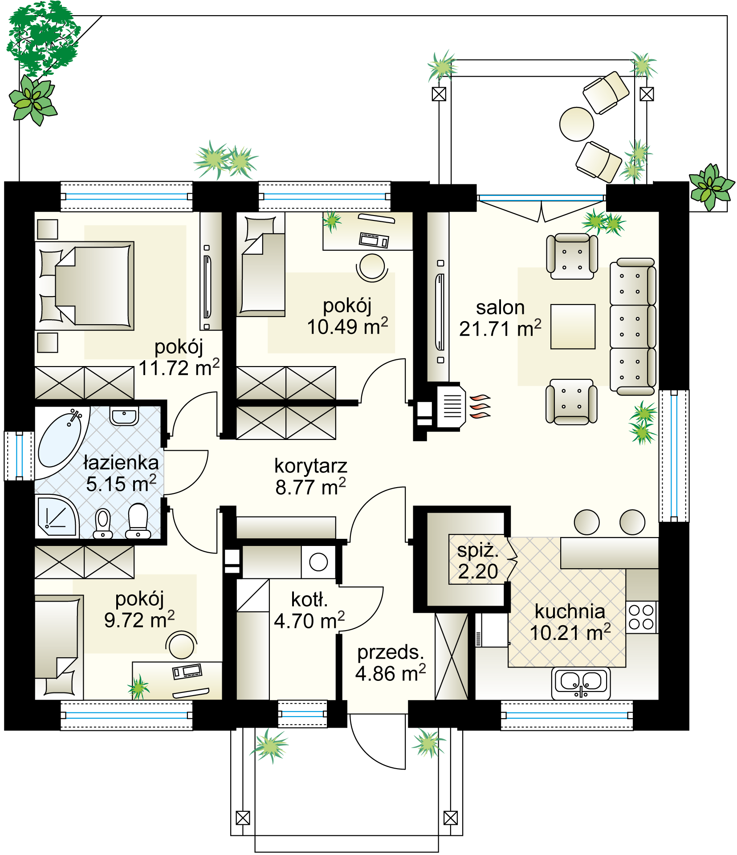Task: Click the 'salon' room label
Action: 500,308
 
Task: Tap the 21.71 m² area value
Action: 500,329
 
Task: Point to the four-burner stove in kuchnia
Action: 641,617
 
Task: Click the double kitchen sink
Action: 581,683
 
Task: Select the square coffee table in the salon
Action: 573,326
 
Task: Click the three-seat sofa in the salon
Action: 633,326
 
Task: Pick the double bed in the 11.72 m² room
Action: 85,286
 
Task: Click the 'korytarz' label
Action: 310,466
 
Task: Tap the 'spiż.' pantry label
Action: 478,551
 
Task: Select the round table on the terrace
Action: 577,124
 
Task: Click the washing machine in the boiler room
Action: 318,562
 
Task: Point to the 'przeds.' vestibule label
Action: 390,653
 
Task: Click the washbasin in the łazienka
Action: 124,416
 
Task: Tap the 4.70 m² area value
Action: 309,620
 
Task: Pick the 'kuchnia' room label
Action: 570,611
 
